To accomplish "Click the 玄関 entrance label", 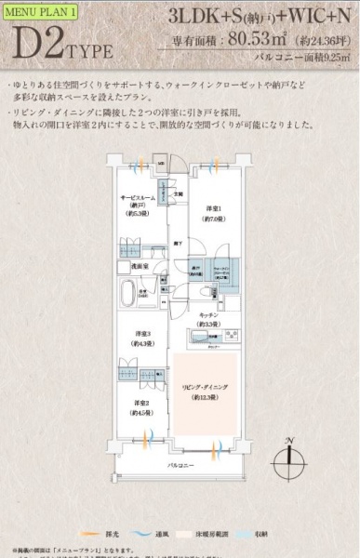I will (x=183, y=193).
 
